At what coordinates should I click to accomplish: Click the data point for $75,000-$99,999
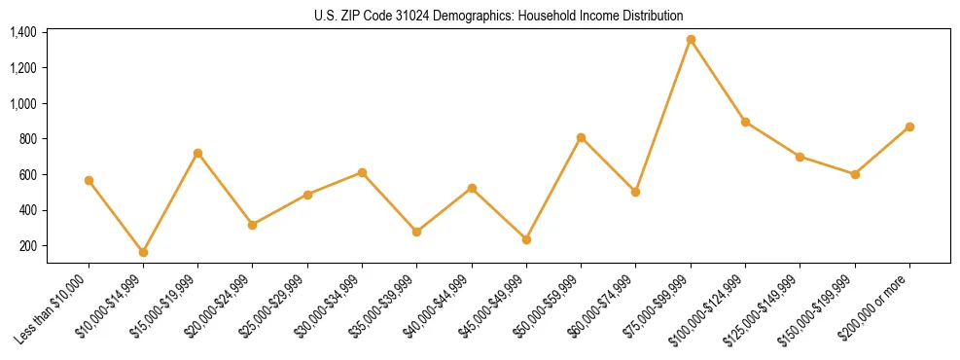point(691,40)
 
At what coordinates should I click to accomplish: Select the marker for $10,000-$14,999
point(143,252)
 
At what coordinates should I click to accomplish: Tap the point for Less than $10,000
point(89,180)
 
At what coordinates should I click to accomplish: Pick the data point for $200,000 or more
point(909,126)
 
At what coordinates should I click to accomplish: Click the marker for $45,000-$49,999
point(526,239)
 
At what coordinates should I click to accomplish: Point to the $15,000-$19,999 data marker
point(197,153)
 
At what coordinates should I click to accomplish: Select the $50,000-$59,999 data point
point(581,137)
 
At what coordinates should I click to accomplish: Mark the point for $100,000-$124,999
point(745,122)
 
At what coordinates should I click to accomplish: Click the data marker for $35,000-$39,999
point(416,232)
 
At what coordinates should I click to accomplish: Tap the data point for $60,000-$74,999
point(635,192)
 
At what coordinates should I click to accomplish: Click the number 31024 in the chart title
point(424,16)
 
